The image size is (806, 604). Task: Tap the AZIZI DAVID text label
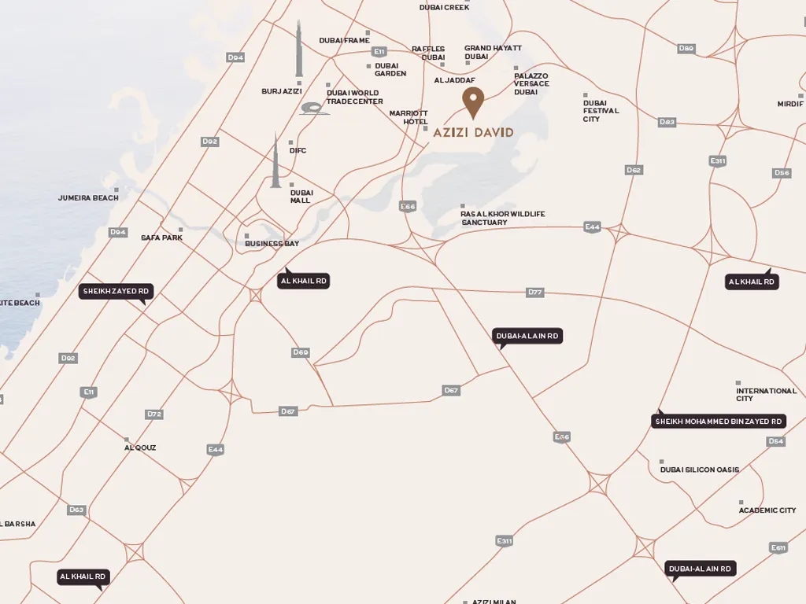(x=473, y=132)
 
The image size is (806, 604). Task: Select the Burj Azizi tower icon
(x=299, y=50)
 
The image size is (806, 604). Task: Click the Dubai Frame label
(x=344, y=40)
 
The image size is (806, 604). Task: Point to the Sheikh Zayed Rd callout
(x=116, y=292)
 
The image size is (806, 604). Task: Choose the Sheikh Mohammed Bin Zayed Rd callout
(x=719, y=422)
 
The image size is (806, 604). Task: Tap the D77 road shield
(x=535, y=293)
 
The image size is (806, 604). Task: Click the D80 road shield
(x=686, y=49)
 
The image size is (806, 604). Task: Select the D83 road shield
(x=667, y=122)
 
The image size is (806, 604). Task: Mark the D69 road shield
(x=300, y=352)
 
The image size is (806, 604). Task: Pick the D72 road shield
(x=154, y=414)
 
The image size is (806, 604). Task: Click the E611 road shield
(x=778, y=547)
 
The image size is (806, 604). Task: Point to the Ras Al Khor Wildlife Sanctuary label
(x=503, y=218)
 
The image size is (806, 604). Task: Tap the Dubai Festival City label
(x=601, y=111)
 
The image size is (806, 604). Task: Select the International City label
(x=766, y=394)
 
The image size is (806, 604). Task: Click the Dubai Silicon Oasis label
(x=699, y=470)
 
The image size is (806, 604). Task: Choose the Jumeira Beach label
(x=88, y=197)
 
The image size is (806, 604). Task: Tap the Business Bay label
(x=272, y=244)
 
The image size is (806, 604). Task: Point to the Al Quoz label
(x=140, y=447)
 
